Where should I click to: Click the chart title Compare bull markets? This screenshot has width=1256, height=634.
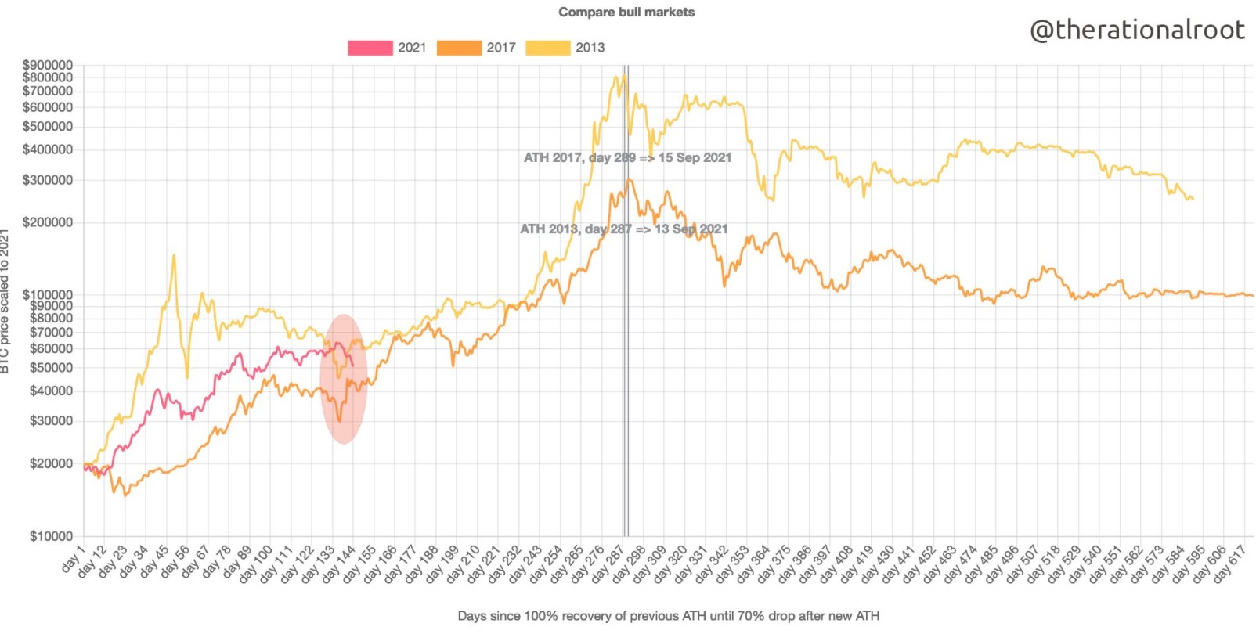click(x=626, y=12)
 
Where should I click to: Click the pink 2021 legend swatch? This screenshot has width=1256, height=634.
click(x=370, y=48)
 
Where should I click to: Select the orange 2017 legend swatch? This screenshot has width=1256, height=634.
click(x=459, y=48)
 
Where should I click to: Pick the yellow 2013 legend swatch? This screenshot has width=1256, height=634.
click(x=547, y=48)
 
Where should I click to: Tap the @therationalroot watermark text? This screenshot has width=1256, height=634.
click(x=1137, y=30)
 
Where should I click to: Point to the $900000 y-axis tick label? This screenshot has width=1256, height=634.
click(x=47, y=65)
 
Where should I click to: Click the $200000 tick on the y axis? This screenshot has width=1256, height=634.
click(x=47, y=222)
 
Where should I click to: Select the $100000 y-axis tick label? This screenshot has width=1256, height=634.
click(x=47, y=295)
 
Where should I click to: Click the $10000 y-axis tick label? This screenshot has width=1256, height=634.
click(x=50, y=536)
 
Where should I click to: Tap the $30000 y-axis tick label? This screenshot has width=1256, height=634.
click(x=50, y=421)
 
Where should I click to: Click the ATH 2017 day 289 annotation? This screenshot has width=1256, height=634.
click(x=626, y=157)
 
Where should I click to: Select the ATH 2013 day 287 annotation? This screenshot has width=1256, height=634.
click(x=623, y=229)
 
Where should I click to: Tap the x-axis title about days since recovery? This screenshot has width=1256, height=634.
click(x=668, y=616)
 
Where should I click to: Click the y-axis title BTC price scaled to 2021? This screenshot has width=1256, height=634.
click(x=5, y=301)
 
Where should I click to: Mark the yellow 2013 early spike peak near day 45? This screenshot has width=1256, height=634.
click(x=173, y=255)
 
